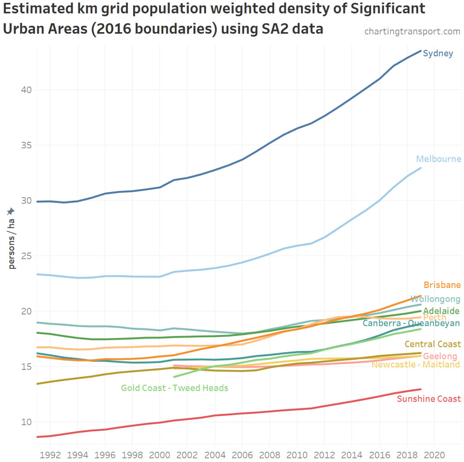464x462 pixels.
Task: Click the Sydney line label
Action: tap(438, 53)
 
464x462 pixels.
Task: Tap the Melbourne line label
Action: tap(439, 159)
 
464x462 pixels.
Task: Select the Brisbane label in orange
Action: tap(442, 285)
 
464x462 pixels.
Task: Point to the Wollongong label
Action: tap(435, 299)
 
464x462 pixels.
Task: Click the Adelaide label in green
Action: tap(441, 311)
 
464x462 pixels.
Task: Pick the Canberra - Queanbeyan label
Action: tap(411, 323)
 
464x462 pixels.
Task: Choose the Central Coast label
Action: tap(432, 344)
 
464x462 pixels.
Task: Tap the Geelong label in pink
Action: tap(440, 356)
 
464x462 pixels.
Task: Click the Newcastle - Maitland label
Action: tap(416, 365)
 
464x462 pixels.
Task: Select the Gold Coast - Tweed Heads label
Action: tap(174, 388)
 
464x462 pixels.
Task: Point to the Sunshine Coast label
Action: tap(429, 399)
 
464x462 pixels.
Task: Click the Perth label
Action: tap(435, 317)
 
